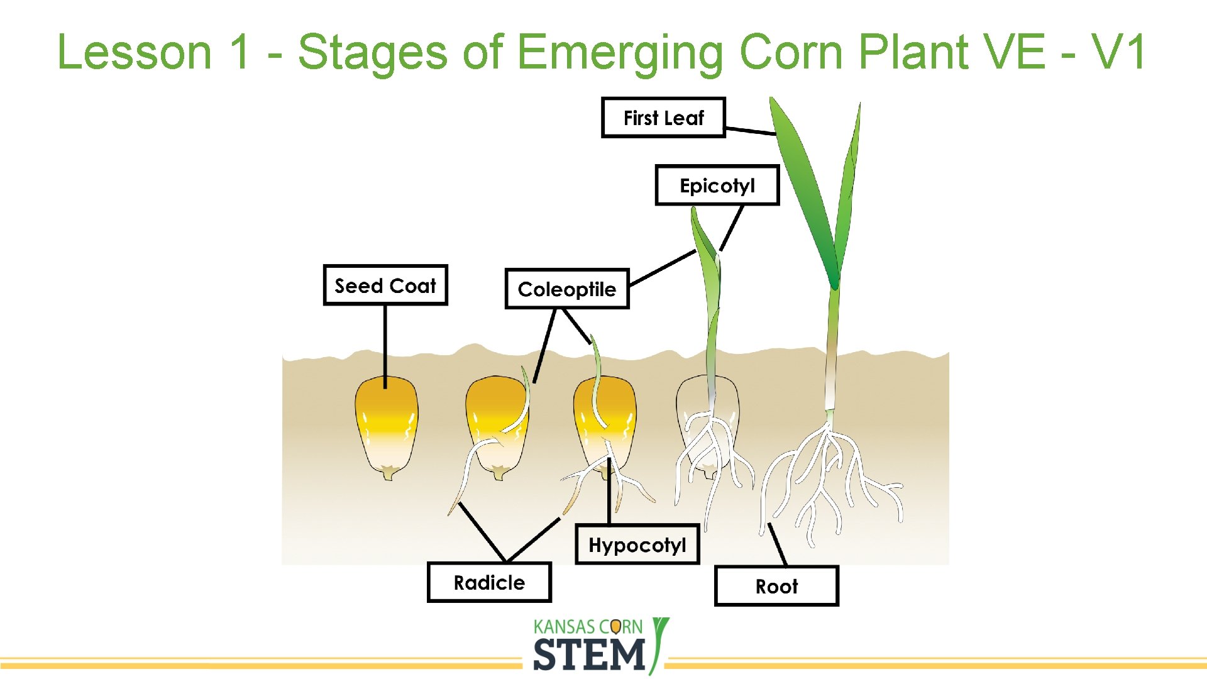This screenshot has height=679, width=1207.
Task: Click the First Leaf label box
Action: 663,118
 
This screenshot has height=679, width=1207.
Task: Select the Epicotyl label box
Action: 717,185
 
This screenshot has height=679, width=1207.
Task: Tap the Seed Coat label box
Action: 385,285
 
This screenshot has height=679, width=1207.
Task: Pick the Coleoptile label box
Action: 566,289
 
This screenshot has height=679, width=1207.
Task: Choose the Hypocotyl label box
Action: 637,544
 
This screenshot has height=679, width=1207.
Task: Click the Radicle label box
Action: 489,582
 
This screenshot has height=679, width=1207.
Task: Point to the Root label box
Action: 776,586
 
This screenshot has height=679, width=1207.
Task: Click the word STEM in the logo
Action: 589,654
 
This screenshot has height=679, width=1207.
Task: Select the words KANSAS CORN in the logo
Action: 588,627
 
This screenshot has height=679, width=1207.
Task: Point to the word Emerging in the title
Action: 619,53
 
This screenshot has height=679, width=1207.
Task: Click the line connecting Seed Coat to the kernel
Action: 385,343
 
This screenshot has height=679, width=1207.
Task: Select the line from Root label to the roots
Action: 778,545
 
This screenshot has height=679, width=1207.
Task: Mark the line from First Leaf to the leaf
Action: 751,131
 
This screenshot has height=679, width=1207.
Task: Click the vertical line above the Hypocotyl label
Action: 609,494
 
